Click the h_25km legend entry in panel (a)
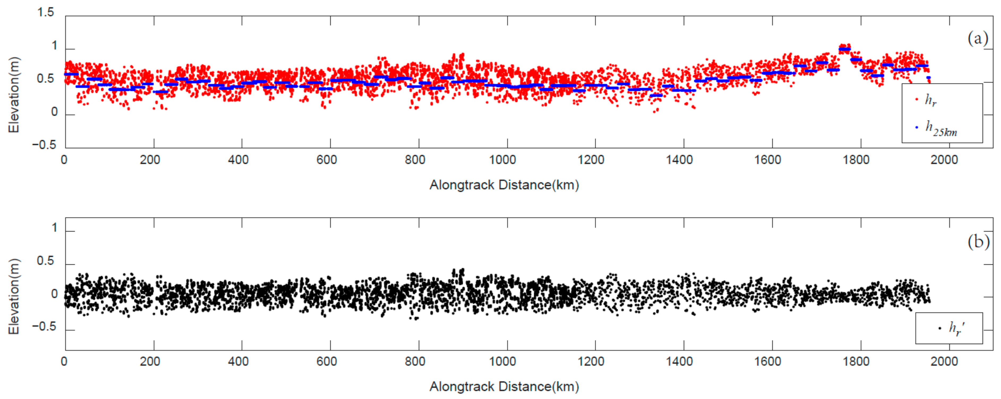[x=940, y=128]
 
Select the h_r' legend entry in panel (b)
[x=956, y=328]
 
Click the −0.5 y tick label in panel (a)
[x=44, y=145]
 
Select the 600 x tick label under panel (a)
[x=326, y=160]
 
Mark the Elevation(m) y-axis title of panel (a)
[x=14, y=95]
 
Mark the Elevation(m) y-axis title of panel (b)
[x=14, y=297]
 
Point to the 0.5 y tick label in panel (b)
[x=45, y=261]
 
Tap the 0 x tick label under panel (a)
[x=64, y=160]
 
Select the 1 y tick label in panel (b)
[x=54, y=228]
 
